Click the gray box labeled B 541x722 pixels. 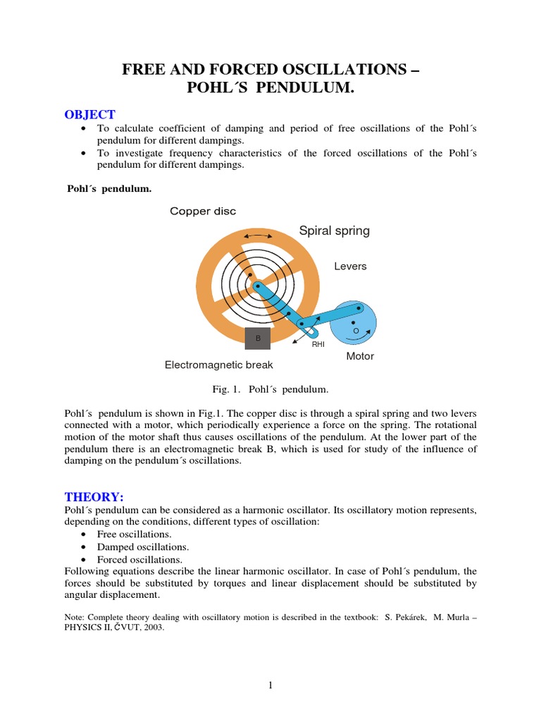[258, 338]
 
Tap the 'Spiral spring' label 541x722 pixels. [334, 231]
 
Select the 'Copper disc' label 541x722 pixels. [203, 212]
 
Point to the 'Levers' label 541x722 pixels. [350, 267]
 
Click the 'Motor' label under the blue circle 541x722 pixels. [360, 356]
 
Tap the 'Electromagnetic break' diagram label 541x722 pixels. [218, 365]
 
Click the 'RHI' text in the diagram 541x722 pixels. [318, 344]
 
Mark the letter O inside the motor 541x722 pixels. [356, 330]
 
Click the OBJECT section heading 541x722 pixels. [89, 115]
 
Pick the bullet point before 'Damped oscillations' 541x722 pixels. [85, 547]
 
